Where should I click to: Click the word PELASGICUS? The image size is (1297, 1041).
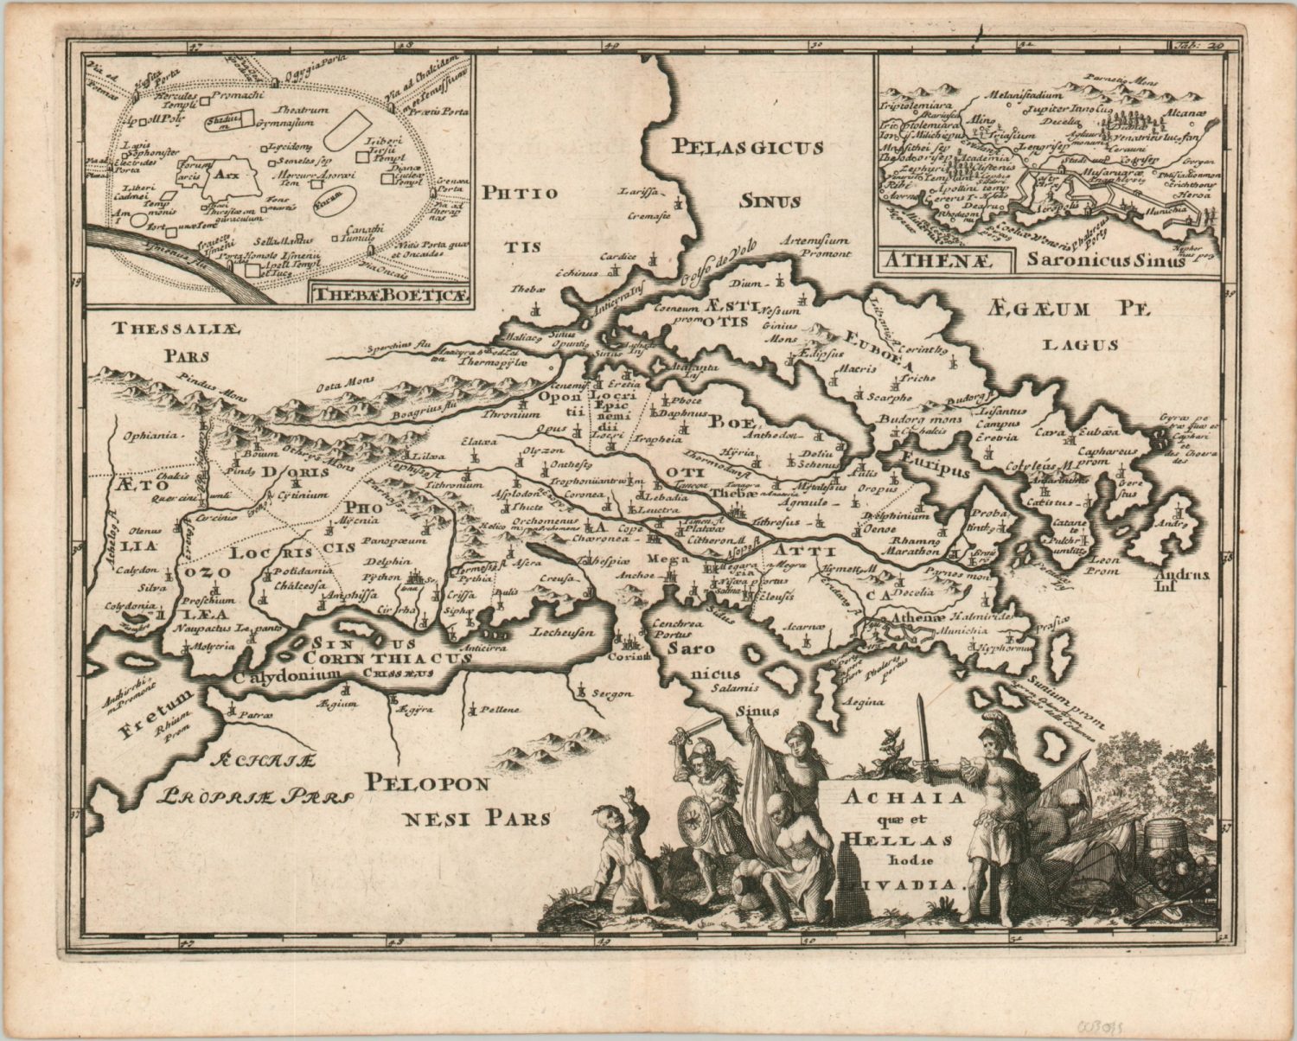[x=749, y=147]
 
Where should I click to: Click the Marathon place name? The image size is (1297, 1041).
[x=916, y=550]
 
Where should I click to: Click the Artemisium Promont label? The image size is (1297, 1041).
[x=814, y=248]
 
